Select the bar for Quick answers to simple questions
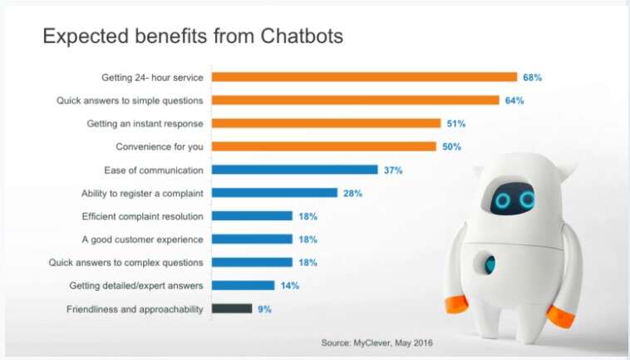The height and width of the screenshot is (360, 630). [355, 101]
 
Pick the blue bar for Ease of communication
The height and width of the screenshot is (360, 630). [294, 170]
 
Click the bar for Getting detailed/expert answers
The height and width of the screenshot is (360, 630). [243, 285]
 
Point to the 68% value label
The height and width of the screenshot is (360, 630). [532, 77]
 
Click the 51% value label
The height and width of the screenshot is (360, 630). [455, 124]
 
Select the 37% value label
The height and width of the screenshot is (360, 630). [393, 170]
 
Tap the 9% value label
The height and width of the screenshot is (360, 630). [264, 308]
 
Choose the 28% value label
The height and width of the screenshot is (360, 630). [352, 193]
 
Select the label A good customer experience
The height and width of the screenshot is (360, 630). [143, 239]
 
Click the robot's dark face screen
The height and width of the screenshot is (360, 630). [513, 200]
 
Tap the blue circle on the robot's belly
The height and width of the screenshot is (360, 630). [490, 264]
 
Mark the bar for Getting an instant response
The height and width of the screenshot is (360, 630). [326, 124]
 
